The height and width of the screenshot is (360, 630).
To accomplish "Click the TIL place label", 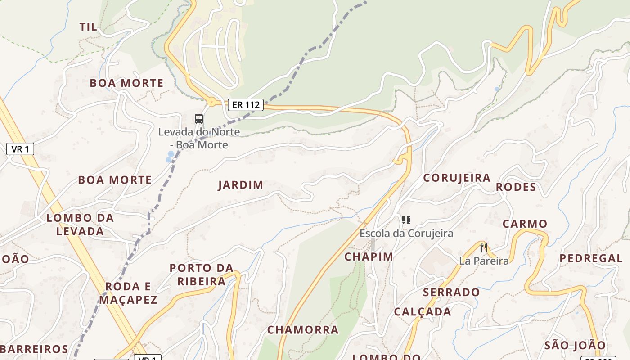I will tap(88, 27).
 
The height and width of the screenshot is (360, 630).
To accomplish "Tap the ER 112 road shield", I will tap(245, 105).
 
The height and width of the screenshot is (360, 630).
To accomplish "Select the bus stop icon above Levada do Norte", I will tap(199, 119).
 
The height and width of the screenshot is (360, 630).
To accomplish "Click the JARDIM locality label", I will tap(241, 185).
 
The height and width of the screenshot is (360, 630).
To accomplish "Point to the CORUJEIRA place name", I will tap(457, 178).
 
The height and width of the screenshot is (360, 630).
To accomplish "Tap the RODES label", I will tap(516, 187).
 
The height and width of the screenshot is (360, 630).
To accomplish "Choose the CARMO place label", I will tap(525, 224).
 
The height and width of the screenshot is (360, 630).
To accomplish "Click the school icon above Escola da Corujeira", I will tap(406, 220).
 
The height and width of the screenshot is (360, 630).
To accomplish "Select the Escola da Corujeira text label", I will tap(406, 234).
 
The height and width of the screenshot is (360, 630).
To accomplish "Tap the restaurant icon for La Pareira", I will tap(484, 247).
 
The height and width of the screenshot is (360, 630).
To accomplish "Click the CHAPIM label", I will tap(369, 256).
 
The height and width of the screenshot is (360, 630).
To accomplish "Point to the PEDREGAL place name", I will tap(591, 258).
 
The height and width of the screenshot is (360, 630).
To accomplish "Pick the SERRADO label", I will tap(451, 292).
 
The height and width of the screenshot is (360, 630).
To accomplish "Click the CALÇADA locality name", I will tap(423, 312).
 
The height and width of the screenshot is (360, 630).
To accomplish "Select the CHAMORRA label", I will tap(303, 330).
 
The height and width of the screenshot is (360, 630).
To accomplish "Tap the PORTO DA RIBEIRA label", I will tap(201, 274).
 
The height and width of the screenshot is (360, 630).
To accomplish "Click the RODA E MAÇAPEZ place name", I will tap(128, 293).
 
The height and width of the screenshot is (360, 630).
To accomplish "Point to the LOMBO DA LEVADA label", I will tap(80, 225).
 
